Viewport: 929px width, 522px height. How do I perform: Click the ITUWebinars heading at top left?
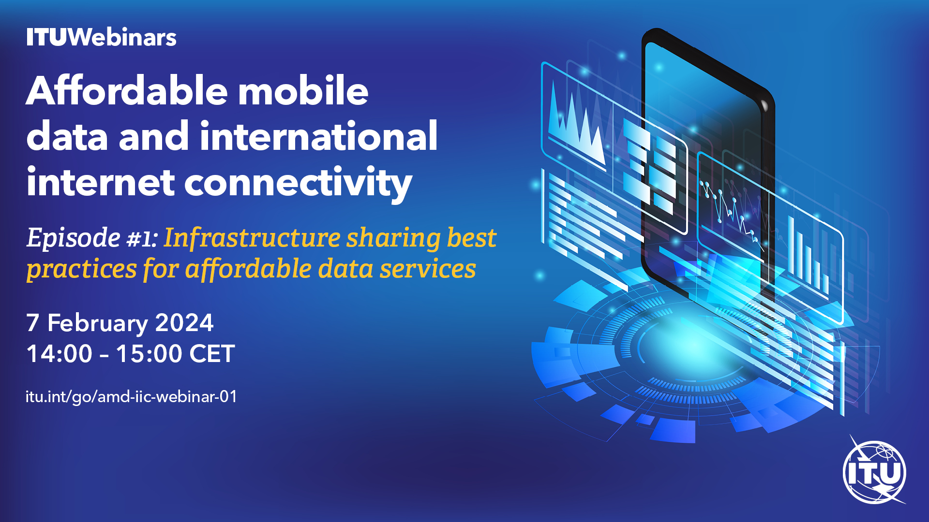pyautogui.click(x=101, y=37)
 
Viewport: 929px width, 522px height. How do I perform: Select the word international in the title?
pyautogui.click(x=319, y=136)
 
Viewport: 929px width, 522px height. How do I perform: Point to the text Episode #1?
pyautogui.click(x=92, y=237)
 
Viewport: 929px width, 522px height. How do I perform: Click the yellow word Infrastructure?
pyautogui.click(x=252, y=237)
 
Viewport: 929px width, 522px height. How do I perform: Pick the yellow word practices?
pyautogui.click(x=82, y=269)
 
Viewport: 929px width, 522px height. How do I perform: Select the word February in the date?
pyautogui.click(x=97, y=323)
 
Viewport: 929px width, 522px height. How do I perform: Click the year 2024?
pyautogui.click(x=184, y=323)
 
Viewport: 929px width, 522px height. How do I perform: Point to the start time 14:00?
pyautogui.click(x=59, y=353)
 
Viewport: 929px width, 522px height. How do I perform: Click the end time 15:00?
pyautogui.click(x=149, y=353)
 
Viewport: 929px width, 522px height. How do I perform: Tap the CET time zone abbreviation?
pyautogui.click(x=212, y=353)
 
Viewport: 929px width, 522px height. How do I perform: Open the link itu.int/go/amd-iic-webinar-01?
pyautogui.click(x=131, y=397)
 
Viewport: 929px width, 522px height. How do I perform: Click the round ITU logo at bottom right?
pyautogui.click(x=875, y=471)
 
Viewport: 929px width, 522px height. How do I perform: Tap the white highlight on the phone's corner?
pyautogui.click(x=764, y=105)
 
